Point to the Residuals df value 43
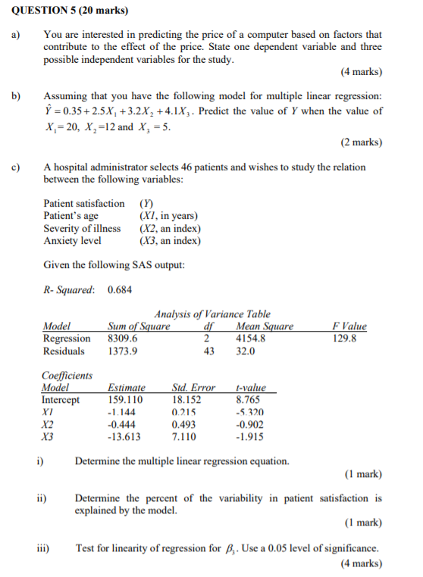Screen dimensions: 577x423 209,351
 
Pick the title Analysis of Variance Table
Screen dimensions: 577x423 212,314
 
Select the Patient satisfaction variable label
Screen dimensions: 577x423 84,203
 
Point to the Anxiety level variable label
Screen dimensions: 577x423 73,241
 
